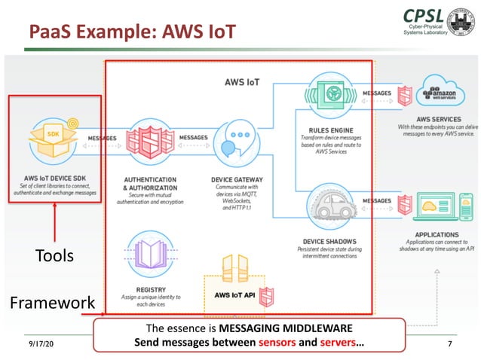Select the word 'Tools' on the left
click(54, 256)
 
